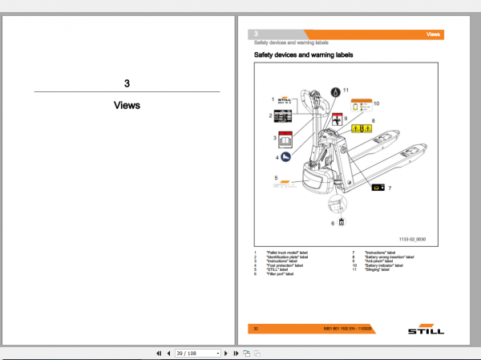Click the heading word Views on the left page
coord(127,105)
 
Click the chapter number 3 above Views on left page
coord(127,83)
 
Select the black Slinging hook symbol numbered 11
coord(334,91)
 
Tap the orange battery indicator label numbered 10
coord(362,104)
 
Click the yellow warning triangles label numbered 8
coord(362,127)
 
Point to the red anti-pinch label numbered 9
coord(338,119)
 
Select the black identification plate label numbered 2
coord(283,116)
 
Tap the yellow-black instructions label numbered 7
coord(374,187)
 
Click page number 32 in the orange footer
coord(256,328)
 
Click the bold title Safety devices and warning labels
coord(303,55)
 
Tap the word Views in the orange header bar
coord(433,35)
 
